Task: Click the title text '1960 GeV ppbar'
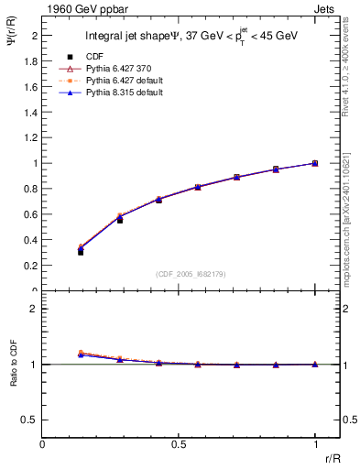tap(78, 9)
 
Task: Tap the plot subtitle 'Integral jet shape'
tap(129, 38)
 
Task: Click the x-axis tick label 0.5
tap(179, 444)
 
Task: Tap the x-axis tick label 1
tap(314, 444)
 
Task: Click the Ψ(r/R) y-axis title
tap(12, 37)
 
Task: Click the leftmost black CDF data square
tap(81, 252)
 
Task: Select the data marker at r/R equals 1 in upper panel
tap(315, 163)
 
